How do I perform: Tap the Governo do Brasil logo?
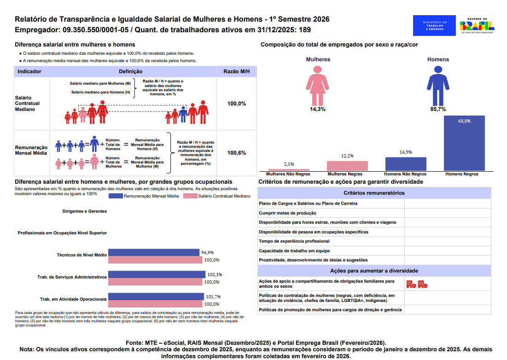[x=477, y=26]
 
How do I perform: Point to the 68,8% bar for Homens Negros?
[x=464, y=143]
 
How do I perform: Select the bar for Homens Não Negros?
[x=406, y=164]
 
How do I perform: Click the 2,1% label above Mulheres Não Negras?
[x=289, y=164]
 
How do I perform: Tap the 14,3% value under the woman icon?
[x=317, y=110]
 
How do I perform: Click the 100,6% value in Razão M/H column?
[x=237, y=153]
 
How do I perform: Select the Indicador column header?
[x=29, y=72]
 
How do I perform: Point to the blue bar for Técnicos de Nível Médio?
[x=154, y=252]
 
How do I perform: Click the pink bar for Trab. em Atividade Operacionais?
[x=156, y=304]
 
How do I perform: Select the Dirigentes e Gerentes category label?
[x=84, y=211]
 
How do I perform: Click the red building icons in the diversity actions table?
[x=417, y=284]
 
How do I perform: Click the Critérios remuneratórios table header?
[x=374, y=193]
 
